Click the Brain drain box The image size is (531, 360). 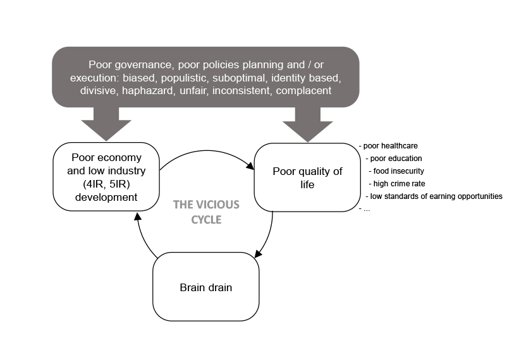click(205, 287)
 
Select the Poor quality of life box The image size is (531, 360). click(307, 177)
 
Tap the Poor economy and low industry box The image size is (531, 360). click(106, 177)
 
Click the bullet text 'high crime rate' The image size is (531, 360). click(398, 184)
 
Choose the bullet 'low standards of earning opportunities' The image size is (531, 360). click(436, 196)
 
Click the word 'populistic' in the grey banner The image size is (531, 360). click(193, 78)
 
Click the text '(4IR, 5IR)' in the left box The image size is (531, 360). click(106, 184)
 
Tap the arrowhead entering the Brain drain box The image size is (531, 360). click(258, 253)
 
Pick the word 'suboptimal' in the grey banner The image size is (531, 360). click(247, 78)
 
